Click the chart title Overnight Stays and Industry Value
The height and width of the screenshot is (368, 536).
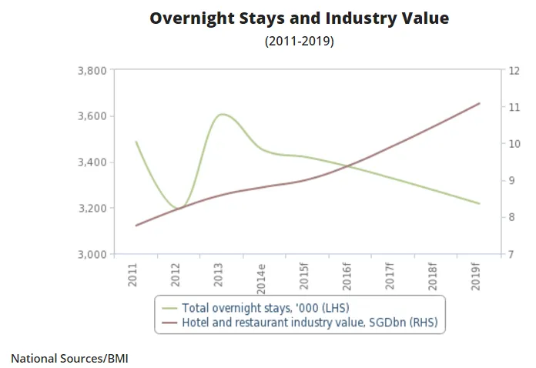299,18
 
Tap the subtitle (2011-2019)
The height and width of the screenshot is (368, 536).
299,42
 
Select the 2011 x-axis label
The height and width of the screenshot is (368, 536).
135,275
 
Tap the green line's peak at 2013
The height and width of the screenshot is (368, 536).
223,114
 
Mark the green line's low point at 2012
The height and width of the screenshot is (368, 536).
179,209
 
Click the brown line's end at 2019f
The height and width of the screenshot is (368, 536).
480,103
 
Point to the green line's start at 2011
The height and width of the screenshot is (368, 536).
136,142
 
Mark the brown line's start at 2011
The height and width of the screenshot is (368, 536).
136,226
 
